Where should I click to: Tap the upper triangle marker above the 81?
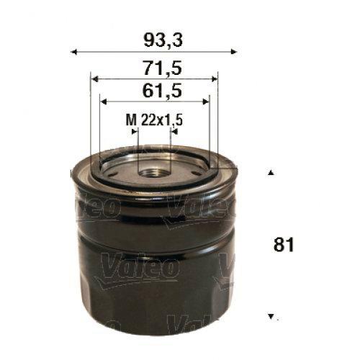[x=271, y=173]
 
